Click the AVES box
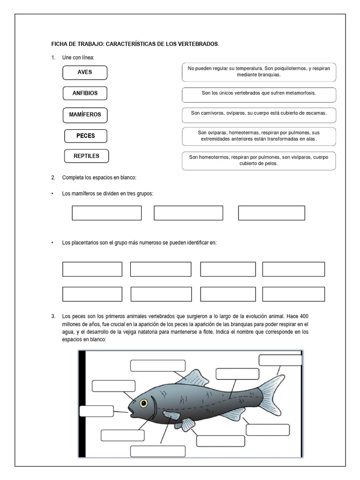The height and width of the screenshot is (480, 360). click(x=85, y=73)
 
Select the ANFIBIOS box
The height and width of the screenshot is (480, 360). click(x=85, y=93)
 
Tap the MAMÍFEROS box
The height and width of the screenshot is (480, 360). click(x=85, y=114)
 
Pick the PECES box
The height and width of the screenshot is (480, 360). click(x=86, y=136)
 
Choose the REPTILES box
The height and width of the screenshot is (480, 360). click(x=86, y=156)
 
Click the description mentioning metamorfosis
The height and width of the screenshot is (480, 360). click(x=259, y=93)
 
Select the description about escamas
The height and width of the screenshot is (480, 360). click(x=259, y=113)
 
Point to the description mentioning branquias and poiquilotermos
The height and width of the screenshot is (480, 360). click(x=259, y=72)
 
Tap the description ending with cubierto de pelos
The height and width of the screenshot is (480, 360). click(x=259, y=160)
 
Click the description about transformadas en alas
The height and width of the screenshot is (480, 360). click(x=259, y=136)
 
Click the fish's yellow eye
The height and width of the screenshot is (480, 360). click(x=143, y=403)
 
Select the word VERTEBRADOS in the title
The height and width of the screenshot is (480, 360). click(x=197, y=44)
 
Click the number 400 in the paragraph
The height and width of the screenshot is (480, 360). click(x=304, y=315)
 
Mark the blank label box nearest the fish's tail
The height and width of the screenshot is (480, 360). click(x=280, y=360)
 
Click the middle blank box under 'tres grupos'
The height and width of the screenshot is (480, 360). click(x=188, y=213)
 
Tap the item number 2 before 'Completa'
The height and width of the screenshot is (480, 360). click(x=53, y=178)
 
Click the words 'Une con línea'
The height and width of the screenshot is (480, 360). click(x=78, y=58)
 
